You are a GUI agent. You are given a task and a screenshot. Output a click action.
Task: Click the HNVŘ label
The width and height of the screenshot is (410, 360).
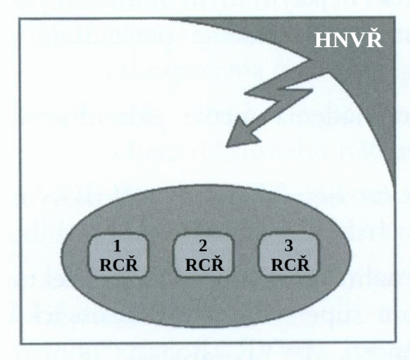click(x=349, y=41)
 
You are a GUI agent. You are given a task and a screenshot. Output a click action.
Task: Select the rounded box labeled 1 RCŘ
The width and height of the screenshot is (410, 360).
click(x=119, y=254)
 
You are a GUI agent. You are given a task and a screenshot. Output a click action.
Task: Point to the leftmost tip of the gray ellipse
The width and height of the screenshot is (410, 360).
click(x=60, y=253)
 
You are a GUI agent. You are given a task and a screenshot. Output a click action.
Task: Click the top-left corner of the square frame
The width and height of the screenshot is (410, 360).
click(x=20, y=20)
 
